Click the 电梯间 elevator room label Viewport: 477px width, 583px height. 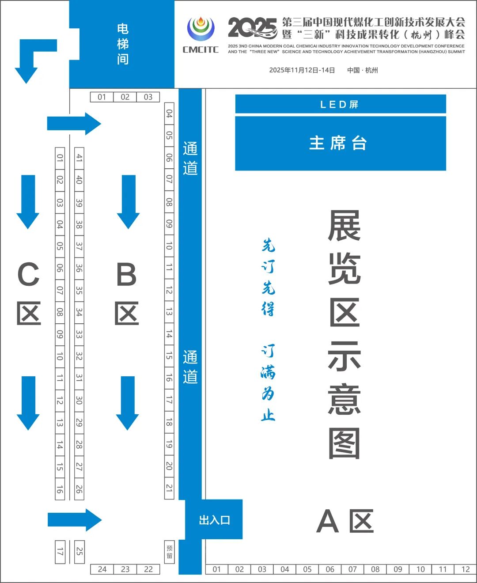tap(122, 44)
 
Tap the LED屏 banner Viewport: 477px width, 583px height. tap(340, 104)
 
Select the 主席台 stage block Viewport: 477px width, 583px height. tap(340, 144)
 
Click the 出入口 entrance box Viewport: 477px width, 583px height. tap(214, 520)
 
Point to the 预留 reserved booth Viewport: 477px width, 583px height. tap(169, 552)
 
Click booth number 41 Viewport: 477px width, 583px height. tap(79, 158)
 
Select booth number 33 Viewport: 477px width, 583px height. tap(79, 334)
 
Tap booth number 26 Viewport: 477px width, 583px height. tap(79, 489)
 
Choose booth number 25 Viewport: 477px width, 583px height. tap(79, 551)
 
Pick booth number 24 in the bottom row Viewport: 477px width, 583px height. tap(102, 569)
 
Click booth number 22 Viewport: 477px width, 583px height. tap(148, 569)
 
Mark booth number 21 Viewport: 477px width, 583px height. tap(169, 488)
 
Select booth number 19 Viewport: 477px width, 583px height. tap(169, 444)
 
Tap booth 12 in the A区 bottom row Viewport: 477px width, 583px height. tap(466, 569)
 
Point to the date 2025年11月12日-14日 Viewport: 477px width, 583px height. tap(302, 70)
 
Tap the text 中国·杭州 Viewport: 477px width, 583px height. tap(363, 70)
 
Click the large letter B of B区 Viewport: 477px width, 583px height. tap(126, 274)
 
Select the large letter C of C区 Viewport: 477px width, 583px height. tap(28, 274)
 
